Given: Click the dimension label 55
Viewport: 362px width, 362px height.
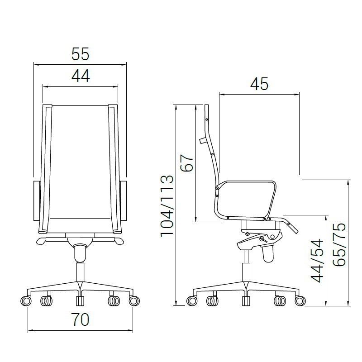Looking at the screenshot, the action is (80, 54).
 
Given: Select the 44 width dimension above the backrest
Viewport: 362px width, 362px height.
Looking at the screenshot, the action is (81, 76).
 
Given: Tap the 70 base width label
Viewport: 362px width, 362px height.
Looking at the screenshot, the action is (80, 319).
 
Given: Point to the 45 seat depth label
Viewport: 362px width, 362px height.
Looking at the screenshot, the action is (259, 84).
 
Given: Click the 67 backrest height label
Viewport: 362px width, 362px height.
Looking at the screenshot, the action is (186, 163).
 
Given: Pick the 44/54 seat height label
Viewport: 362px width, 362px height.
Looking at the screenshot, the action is (317, 261).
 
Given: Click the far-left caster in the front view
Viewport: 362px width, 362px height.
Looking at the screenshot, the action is (26, 301).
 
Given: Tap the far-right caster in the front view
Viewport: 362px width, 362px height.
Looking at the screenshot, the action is (134, 301).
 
